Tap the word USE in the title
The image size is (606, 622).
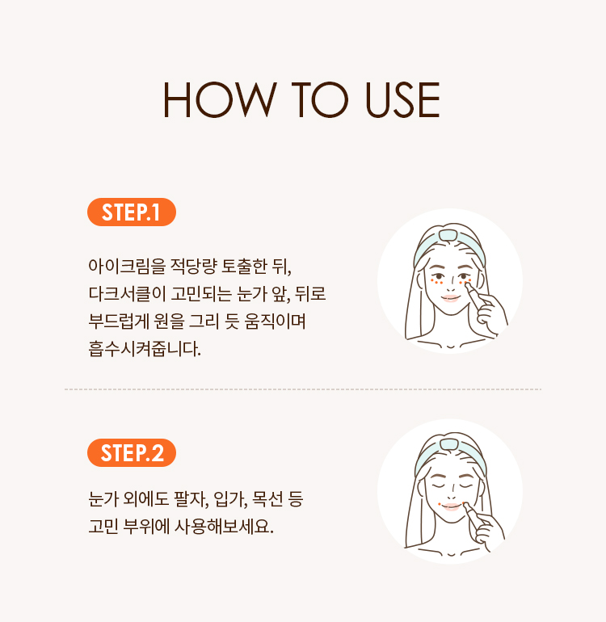[402, 99]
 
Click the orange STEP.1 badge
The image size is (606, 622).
[132, 212]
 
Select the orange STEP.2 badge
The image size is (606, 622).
[132, 452]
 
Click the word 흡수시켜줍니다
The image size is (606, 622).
[145, 349]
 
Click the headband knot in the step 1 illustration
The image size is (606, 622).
[449, 235]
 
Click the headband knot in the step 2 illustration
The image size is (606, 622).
[449, 444]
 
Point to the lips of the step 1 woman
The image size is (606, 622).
[450, 298]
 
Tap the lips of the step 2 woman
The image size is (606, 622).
[451, 507]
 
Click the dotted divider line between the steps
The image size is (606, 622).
[303, 389]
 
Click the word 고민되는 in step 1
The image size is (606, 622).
[201, 294]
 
